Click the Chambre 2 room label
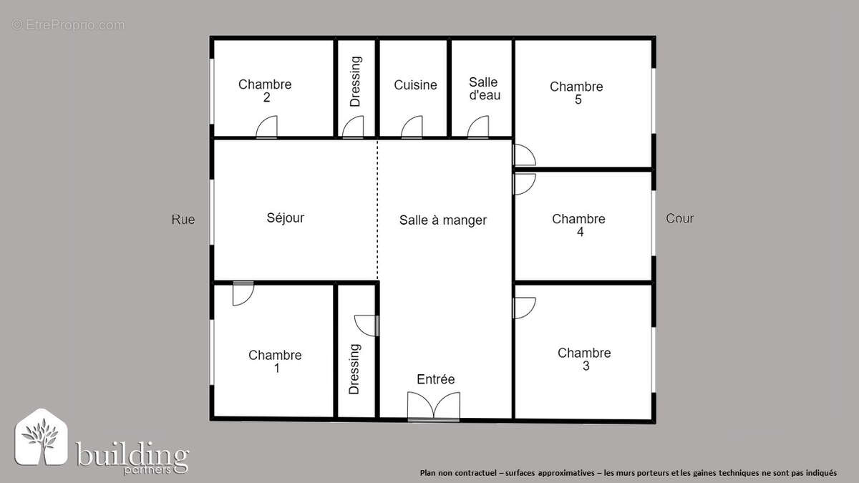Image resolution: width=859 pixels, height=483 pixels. tap(265, 91)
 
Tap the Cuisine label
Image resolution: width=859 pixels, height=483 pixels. tap(415, 85)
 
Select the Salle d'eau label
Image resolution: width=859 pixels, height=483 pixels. tap(484, 89)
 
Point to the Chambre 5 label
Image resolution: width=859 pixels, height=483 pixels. tap(576, 93)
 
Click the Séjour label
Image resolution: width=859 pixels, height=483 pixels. tap(285, 218)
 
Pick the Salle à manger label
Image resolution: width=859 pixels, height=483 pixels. tap(442, 220)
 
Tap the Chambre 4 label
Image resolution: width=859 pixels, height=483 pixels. tap(578, 225)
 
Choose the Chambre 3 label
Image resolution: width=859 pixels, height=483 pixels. tap(584, 359)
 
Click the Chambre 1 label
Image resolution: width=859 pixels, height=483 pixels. tap(275, 361)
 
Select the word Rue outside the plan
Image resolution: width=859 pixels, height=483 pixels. tap(183, 220)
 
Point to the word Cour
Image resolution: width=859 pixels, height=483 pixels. tap(679, 218)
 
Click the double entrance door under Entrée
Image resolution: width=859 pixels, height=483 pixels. tap(433, 406)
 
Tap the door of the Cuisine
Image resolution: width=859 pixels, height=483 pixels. tap(412, 128)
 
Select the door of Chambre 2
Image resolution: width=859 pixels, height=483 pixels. tap(266, 128)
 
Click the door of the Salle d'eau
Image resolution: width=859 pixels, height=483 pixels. tap(478, 128)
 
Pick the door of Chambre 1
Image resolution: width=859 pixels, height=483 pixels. tap(243, 293)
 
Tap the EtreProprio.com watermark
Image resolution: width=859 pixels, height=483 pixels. tap(68, 25)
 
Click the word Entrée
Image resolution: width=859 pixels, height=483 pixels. tap(436, 379)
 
